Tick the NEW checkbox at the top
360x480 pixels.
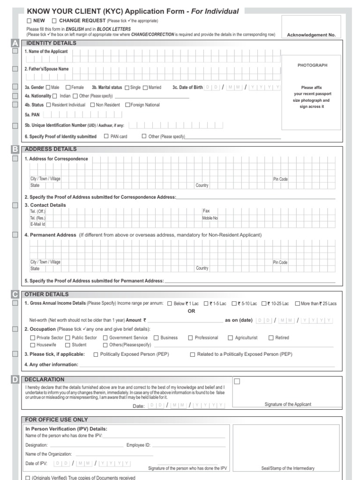[x=29, y=21]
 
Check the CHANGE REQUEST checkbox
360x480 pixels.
[x=54, y=21]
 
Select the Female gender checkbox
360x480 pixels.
[x=68, y=87]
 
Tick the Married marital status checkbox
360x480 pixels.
[x=145, y=87]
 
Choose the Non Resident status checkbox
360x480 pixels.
[x=92, y=105]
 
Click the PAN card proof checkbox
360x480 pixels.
[x=106, y=136]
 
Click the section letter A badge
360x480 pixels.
[x=15, y=43]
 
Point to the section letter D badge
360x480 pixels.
[x=15, y=379]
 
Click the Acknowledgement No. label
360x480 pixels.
[x=311, y=35]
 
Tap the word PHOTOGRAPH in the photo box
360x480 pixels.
[x=312, y=65]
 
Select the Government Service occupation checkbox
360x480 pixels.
[x=105, y=337]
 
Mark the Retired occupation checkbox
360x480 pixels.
[x=271, y=337]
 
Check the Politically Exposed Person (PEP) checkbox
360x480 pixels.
[x=96, y=355]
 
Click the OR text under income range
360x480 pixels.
[x=191, y=311]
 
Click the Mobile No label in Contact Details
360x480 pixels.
[x=210, y=218]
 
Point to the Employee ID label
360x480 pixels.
[x=138, y=445]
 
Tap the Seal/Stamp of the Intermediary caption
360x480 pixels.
[x=288, y=468]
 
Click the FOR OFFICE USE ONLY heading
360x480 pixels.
[x=56, y=420]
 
